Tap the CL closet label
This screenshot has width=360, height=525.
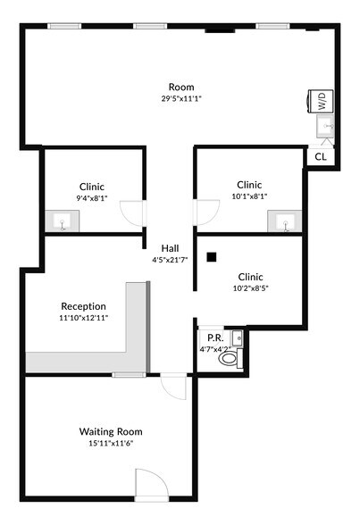pos(320,156)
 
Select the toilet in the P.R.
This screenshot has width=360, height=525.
pos(230,359)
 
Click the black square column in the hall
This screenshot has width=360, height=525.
pos(212,258)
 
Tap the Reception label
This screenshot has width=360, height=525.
pos(83,305)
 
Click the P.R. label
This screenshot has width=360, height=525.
pos(213,338)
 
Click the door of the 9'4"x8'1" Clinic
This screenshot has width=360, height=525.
pos(132,212)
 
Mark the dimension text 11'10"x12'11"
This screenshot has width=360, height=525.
pos(83,318)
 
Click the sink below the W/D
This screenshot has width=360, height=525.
pos(325,128)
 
